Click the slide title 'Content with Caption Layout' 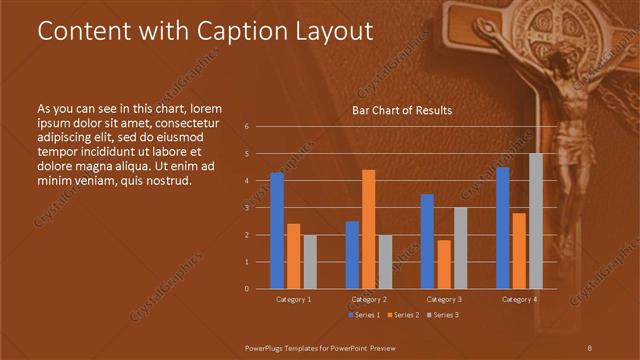(205, 31)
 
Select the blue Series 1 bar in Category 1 (277, 230)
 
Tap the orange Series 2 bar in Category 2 (368, 229)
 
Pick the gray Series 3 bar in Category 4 (536, 221)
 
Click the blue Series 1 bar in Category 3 (427, 241)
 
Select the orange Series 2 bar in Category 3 (443, 264)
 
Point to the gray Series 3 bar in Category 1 (310, 261)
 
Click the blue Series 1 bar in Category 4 (503, 227)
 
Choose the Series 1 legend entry (364, 315)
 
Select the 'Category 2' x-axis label (368, 299)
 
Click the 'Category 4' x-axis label (519, 299)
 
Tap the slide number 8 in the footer (589, 346)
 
